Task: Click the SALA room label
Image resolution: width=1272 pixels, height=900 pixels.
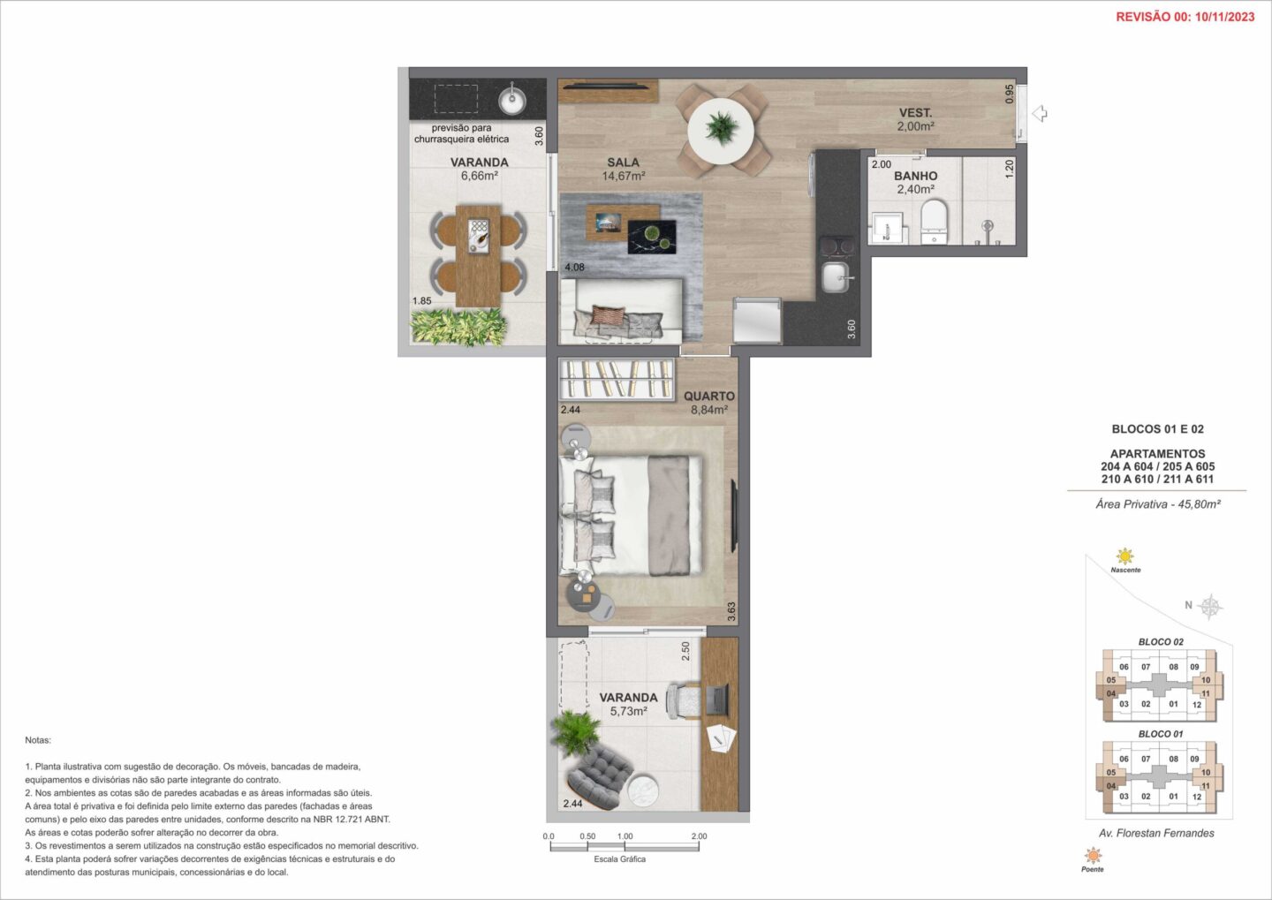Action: (623, 163)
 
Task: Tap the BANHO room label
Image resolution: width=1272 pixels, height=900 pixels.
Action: (915, 176)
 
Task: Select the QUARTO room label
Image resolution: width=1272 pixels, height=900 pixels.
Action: (708, 396)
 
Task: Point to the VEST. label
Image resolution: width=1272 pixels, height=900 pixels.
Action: (915, 113)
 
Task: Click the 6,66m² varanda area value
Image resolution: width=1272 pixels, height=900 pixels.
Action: (480, 176)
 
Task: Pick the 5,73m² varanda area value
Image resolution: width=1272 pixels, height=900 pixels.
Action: (629, 711)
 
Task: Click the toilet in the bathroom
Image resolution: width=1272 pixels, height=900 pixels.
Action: (935, 223)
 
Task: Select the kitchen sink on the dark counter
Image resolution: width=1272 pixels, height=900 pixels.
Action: (836, 277)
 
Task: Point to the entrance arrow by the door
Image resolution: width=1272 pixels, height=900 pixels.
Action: (1039, 114)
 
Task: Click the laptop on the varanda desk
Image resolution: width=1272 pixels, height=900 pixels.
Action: (716, 700)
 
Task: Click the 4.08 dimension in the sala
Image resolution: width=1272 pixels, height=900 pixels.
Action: (574, 267)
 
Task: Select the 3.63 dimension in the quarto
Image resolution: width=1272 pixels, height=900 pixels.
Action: (731, 611)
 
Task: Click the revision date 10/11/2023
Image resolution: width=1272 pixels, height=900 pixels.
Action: (1225, 17)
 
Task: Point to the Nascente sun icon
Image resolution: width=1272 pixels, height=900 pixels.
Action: (1124, 556)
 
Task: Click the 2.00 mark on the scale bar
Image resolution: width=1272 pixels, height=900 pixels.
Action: (699, 836)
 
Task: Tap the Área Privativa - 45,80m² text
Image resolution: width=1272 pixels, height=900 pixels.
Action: (1158, 504)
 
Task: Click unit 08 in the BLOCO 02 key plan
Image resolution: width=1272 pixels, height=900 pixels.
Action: (1174, 667)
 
